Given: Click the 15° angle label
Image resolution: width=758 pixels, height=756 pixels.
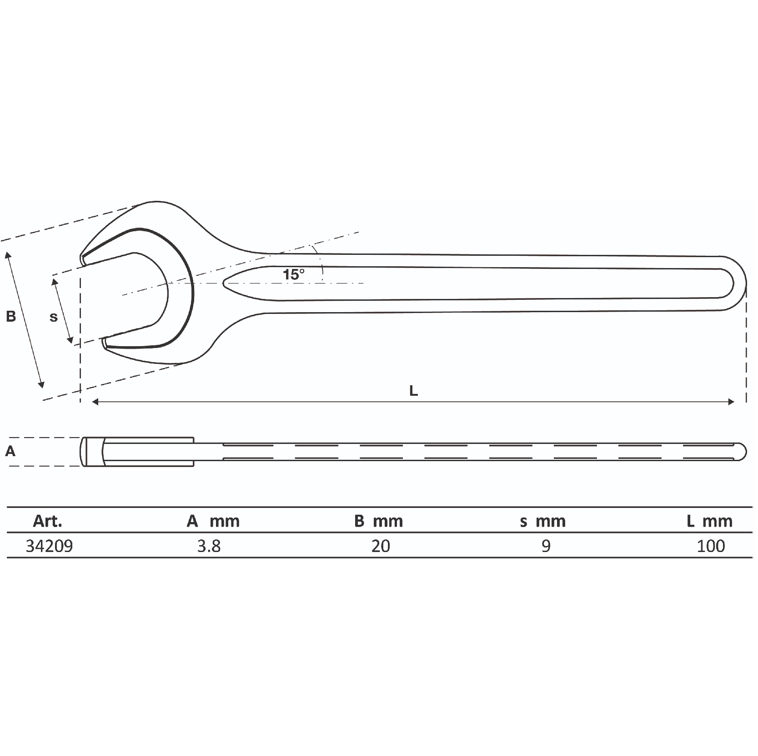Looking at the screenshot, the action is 294,274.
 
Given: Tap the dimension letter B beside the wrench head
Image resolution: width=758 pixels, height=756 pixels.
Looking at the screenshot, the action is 11,316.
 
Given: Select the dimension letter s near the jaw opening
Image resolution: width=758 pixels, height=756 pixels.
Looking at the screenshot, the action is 54,317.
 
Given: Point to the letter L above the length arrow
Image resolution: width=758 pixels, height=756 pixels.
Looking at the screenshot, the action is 413,391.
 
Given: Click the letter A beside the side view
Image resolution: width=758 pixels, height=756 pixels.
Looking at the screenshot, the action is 10,451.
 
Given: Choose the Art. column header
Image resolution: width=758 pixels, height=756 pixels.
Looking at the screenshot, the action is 47,521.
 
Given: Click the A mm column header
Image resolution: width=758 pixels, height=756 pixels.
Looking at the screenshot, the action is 213,521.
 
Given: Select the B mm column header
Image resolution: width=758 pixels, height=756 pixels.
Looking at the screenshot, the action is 379,521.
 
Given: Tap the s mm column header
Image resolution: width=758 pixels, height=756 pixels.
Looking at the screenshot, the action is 543,521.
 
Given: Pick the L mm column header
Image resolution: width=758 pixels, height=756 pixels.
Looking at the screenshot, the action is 709,521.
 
